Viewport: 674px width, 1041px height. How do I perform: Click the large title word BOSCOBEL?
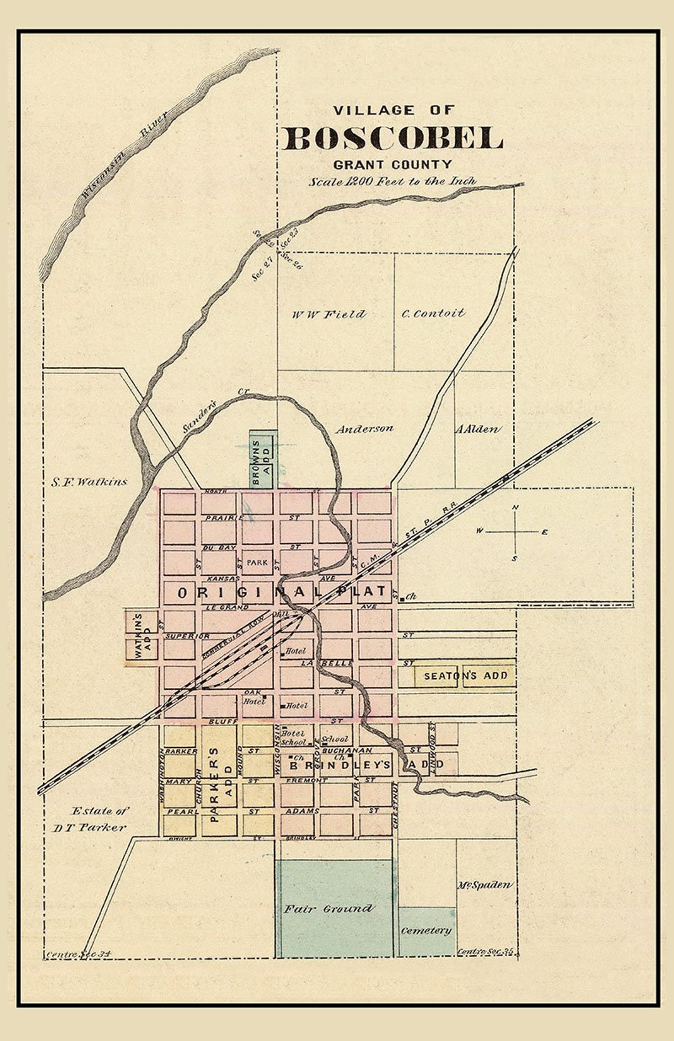tap(393, 138)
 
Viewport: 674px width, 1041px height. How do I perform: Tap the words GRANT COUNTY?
tap(393, 165)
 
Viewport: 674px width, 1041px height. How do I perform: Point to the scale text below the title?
tap(393, 182)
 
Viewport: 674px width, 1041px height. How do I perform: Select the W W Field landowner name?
tap(329, 314)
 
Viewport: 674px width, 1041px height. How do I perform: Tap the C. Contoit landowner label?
tap(433, 313)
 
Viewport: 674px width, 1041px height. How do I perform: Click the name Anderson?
tap(364, 429)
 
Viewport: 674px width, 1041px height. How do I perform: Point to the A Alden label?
tap(477, 429)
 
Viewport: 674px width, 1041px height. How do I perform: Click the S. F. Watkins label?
tap(89, 482)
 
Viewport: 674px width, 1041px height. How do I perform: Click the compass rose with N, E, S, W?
tap(515, 532)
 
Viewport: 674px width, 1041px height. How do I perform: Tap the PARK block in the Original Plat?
tap(256, 562)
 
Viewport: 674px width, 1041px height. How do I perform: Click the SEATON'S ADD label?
tap(466, 675)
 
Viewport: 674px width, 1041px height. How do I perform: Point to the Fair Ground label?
tap(329, 909)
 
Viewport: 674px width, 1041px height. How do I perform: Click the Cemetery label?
tap(426, 930)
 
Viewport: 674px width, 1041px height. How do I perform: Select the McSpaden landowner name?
tap(485, 884)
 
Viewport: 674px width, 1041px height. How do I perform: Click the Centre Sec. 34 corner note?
tap(78, 954)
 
